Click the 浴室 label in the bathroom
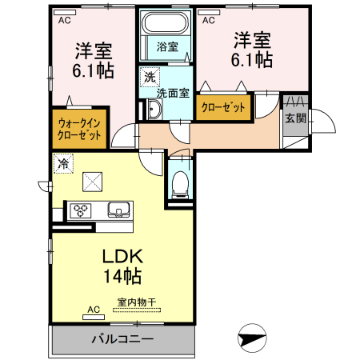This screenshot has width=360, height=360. click(x=166, y=46)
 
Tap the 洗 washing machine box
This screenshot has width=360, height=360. click(x=150, y=78)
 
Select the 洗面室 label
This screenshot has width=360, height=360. click(x=173, y=93)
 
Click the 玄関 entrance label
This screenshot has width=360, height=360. click(x=294, y=118)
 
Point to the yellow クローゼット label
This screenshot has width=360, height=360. click(x=223, y=106)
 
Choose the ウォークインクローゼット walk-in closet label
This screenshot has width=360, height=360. click(x=80, y=130)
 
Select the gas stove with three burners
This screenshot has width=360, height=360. click(x=82, y=211)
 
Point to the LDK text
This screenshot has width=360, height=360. click(x=122, y=258)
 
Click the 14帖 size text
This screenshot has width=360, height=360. click(x=122, y=278)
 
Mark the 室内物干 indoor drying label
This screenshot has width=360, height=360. click(x=137, y=302)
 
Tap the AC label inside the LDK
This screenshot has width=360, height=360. click(x=93, y=309)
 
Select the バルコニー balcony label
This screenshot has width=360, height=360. click(x=121, y=339)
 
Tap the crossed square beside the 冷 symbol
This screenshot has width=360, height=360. click(x=93, y=182)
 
